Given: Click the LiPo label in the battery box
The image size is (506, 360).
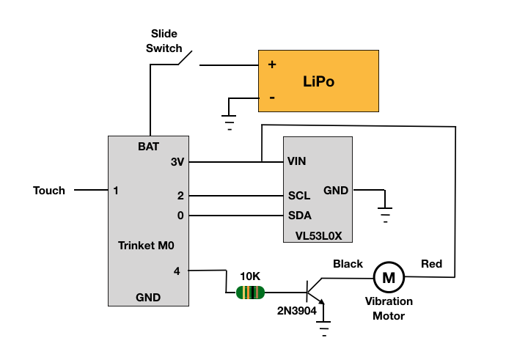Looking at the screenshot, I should tap(318, 81).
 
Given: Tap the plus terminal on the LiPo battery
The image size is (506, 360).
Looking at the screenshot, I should tap(272, 65).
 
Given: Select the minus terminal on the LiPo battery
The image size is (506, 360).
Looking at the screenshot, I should tap(272, 97).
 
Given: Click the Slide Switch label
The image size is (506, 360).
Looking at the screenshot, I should tap(164, 41).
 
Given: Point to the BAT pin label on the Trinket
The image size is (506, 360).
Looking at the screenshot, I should tap(148, 147).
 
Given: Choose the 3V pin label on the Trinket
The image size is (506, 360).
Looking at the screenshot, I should tap(177, 161).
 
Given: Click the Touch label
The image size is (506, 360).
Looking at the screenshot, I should tap(49, 191).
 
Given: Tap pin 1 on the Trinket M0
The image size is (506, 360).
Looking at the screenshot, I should tap(116, 191).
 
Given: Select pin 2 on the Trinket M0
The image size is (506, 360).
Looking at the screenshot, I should tap(180, 196).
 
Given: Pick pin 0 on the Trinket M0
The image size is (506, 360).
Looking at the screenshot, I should tap(180, 216).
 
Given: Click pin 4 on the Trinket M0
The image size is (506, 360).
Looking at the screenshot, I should tap(177, 271).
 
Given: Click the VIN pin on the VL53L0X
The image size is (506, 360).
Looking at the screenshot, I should tap(297, 161).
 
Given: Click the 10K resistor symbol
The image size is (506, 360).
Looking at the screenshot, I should tap(250, 293).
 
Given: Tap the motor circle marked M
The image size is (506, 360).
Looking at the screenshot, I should tap(389, 277).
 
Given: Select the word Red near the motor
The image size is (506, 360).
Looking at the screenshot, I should tap(431, 264).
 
